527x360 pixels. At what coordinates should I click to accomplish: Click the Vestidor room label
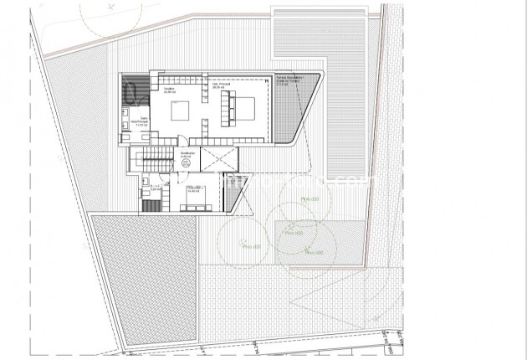click(x=168, y=88)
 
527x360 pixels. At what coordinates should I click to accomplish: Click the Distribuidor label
click(x=188, y=153)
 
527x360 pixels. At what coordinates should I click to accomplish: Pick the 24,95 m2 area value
click(x=169, y=92)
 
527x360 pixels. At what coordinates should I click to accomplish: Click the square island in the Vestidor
click(x=181, y=111)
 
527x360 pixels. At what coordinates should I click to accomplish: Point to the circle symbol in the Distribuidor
click(x=186, y=163)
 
